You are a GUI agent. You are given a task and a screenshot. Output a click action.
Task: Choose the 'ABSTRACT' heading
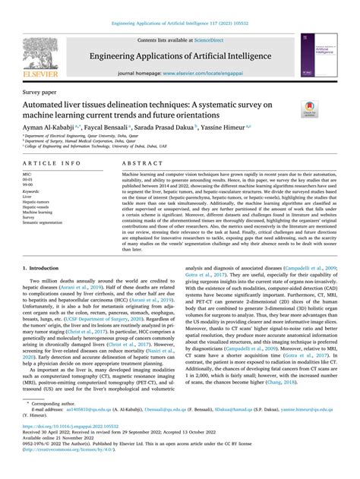coord(137,164)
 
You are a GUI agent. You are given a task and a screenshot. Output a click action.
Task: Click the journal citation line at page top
coord(179,24)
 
